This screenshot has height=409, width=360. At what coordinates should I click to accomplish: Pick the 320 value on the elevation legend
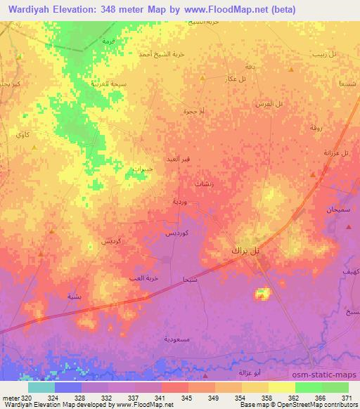[20, 396]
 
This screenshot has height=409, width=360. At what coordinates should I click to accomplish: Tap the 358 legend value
[259, 396]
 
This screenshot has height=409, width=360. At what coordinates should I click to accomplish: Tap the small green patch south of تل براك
[262, 292]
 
